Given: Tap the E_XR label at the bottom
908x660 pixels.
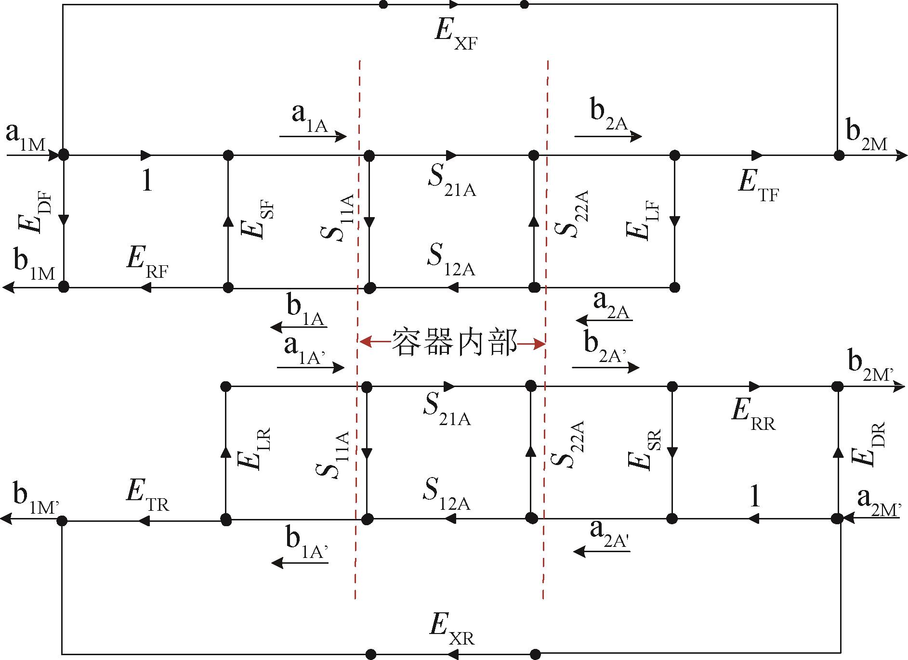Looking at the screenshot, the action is (x=452, y=631).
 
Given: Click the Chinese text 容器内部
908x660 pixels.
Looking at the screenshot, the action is (x=453, y=342).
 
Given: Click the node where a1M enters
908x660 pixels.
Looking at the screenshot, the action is (x=63, y=155).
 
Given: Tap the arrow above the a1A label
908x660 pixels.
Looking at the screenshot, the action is (x=313, y=137).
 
